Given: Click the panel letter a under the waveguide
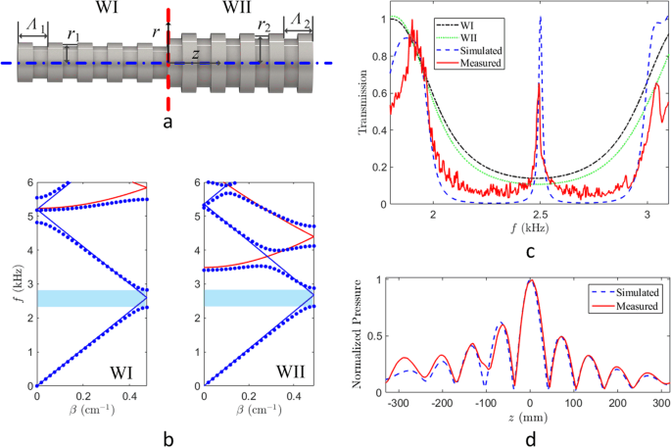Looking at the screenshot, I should click(168, 122).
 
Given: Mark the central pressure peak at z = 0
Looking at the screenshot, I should click(530, 280).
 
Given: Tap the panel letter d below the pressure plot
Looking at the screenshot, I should click(530, 438).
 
